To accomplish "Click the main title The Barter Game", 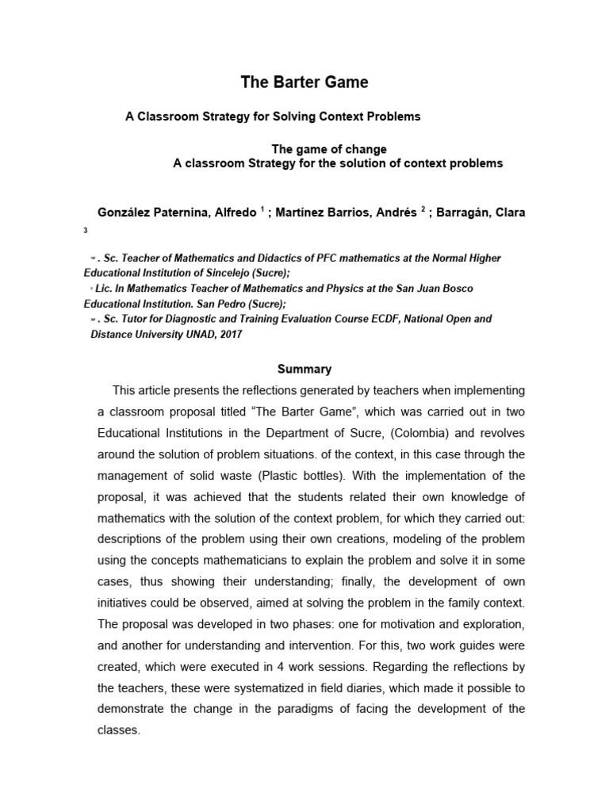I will tap(304, 82).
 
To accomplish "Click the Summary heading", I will tap(304, 369).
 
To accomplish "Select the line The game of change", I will tap(329, 148).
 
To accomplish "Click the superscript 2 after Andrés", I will tap(423, 209).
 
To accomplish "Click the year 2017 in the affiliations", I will tap(229, 334).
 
